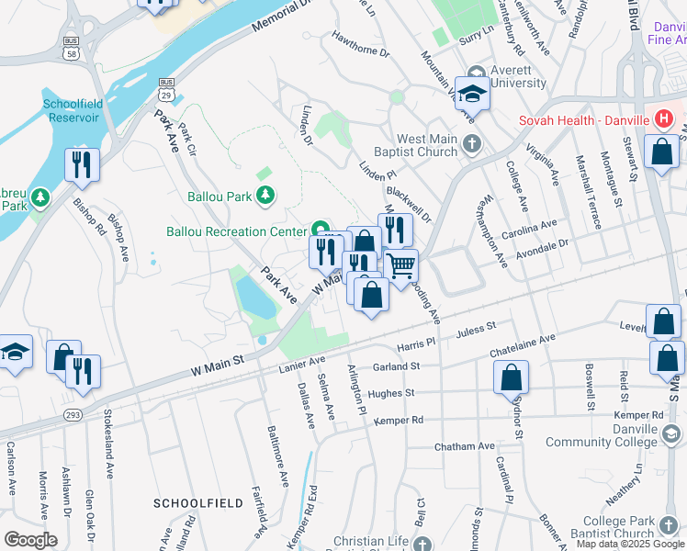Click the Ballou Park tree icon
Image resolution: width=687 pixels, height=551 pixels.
[x=265, y=195]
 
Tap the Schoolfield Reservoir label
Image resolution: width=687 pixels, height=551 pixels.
[x=77, y=113]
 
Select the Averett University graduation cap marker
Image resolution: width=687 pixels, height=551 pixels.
[x=473, y=94]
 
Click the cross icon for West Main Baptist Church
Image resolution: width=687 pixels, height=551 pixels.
[x=471, y=143]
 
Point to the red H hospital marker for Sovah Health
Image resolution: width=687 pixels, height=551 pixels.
[x=664, y=119]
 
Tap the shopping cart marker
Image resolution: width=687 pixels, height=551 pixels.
[x=400, y=266]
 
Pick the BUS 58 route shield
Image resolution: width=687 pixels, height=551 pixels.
[x=71, y=49]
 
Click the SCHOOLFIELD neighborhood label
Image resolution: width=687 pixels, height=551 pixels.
[x=198, y=503]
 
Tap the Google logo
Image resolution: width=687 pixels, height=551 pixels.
[x=30, y=539]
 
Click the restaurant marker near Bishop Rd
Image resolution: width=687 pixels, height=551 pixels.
[x=83, y=165]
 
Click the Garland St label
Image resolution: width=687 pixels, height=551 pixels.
[x=397, y=366]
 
